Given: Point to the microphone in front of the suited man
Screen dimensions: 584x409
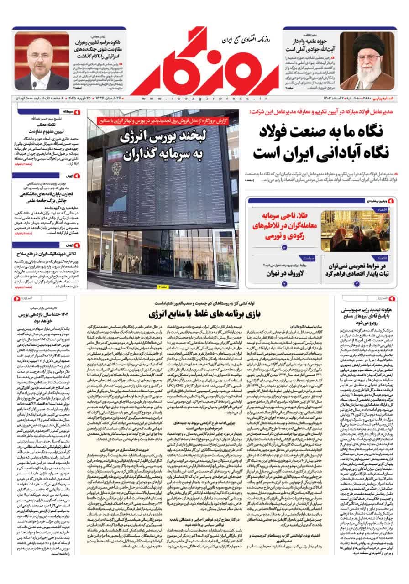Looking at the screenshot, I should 34,85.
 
